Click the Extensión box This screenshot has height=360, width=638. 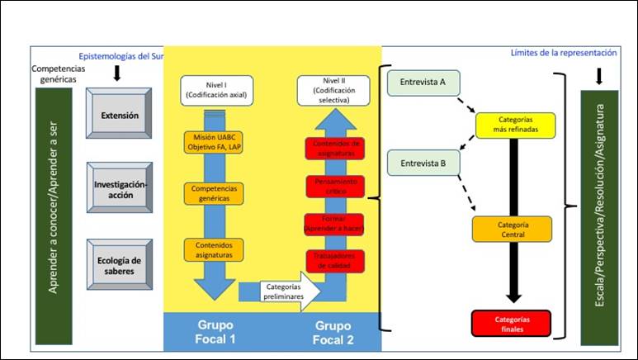click(120, 116)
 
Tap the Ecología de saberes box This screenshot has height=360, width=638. click(120, 265)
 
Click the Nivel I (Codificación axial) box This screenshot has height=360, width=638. click(215, 90)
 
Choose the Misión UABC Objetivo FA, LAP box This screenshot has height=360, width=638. click(215, 141)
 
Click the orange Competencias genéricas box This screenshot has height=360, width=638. click(215, 193)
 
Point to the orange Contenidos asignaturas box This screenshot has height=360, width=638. click(215, 250)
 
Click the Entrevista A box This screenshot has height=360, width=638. click(423, 83)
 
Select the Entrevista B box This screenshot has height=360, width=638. click(423, 163)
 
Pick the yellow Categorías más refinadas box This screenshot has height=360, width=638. click(516, 124)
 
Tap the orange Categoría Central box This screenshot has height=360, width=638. click(513, 229)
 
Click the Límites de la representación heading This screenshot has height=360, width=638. click(564, 53)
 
